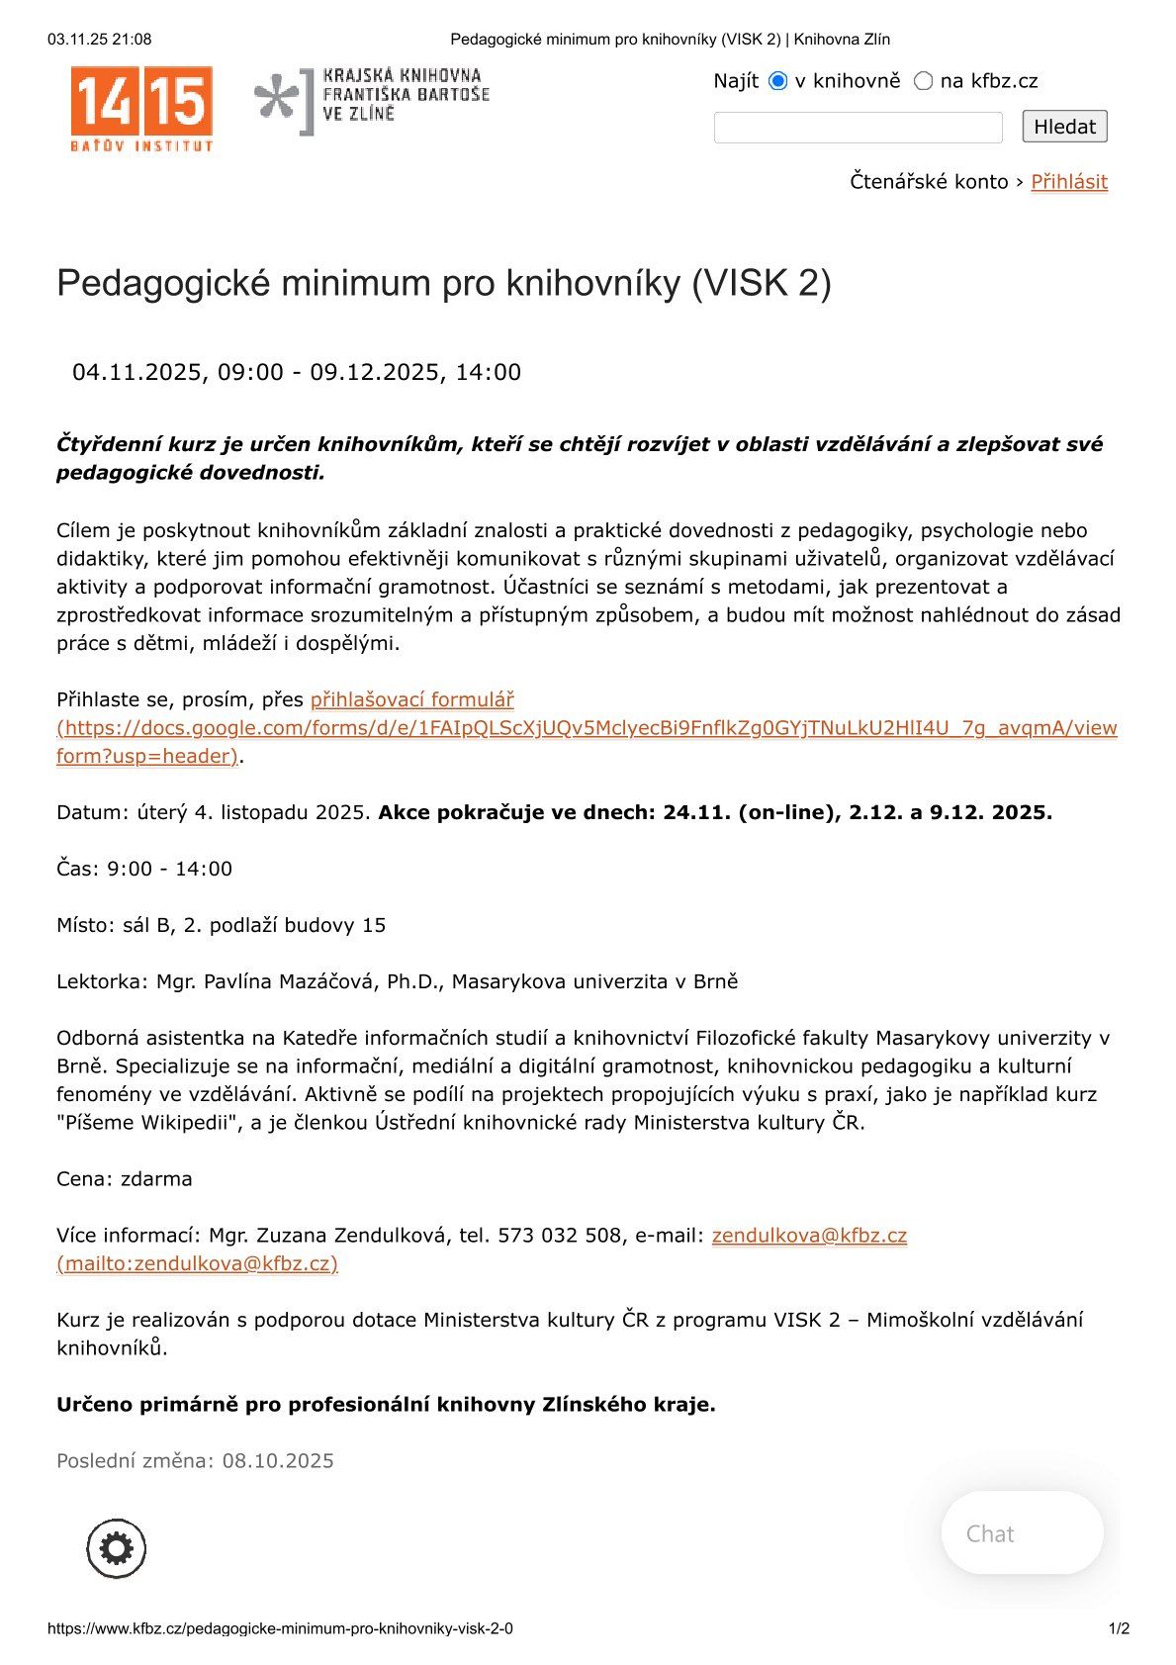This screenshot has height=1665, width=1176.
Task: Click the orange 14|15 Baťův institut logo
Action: pyautogui.click(x=141, y=108)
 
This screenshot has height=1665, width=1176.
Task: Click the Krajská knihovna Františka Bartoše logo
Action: pyautogui.click(x=372, y=100)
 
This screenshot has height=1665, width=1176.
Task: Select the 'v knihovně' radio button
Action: pyautogui.click(x=778, y=81)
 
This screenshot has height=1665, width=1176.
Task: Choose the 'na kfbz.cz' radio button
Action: pyautogui.click(x=923, y=81)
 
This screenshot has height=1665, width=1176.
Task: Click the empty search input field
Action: pyautogui.click(x=858, y=128)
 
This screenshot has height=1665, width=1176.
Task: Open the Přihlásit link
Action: pyautogui.click(x=1068, y=182)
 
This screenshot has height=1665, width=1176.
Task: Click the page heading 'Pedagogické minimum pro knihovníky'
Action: pyautogui.click(x=443, y=284)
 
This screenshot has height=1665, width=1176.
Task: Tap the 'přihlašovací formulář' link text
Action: pyautogui.click(x=411, y=700)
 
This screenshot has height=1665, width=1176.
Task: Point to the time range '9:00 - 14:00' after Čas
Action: pyautogui.click(x=169, y=870)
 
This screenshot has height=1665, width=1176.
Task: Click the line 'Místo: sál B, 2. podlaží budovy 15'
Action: pyautogui.click(x=221, y=926)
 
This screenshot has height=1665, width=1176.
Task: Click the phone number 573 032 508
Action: pyautogui.click(x=561, y=1236)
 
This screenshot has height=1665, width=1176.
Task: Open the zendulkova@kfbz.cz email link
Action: pyautogui.click(x=808, y=1236)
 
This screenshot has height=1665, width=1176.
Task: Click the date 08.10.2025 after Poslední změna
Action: pyautogui.click(x=278, y=1461)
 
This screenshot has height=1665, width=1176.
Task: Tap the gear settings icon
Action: pyautogui.click(x=117, y=1548)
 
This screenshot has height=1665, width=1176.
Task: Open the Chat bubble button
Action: pyautogui.click(x=1021, y=1533)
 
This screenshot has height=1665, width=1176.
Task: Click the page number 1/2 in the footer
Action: pyautogui.click(x=1119, y=1628)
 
